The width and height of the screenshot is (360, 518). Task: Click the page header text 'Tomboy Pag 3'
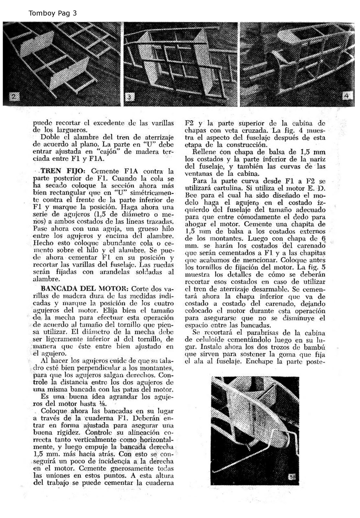click(x=52, y=13)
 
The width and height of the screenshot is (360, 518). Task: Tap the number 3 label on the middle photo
click(x=129, y=97)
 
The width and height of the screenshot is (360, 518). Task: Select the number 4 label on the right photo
click(x=347, y=96)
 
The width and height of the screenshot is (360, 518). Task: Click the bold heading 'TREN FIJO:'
click(x=63, y=171)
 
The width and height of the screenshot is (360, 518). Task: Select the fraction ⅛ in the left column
click(x=103, y=404)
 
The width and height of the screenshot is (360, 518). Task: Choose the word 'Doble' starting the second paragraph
click(x=51, y=137)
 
